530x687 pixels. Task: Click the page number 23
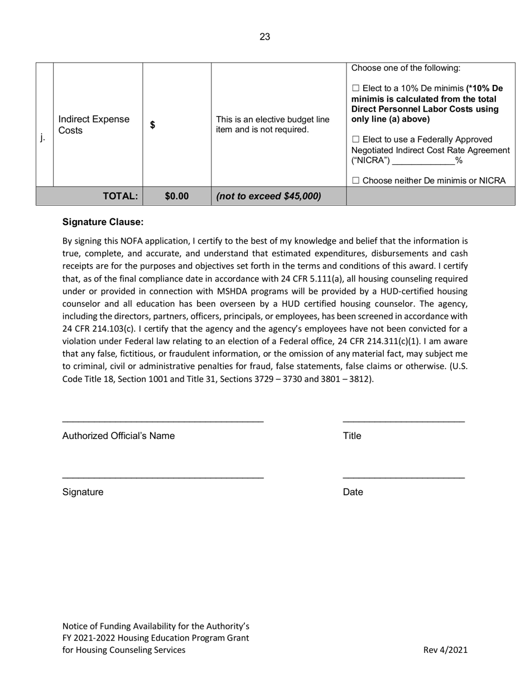click(264, 37)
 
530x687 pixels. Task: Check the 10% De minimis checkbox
click(356, 89)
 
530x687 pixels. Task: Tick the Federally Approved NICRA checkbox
click(356, 139)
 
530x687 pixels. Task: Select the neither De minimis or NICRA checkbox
click(356, 181)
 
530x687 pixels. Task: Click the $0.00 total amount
click(177, 196)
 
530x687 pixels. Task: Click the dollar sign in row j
click(152, 125)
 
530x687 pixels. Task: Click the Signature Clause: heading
click(103, 222)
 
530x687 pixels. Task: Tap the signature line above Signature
click(162, 478)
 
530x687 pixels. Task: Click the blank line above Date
click(403, 478)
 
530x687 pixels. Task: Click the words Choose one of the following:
click(406, 68)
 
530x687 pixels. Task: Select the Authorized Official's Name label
click(118, 436)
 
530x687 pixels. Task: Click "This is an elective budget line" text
click(272, 120)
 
